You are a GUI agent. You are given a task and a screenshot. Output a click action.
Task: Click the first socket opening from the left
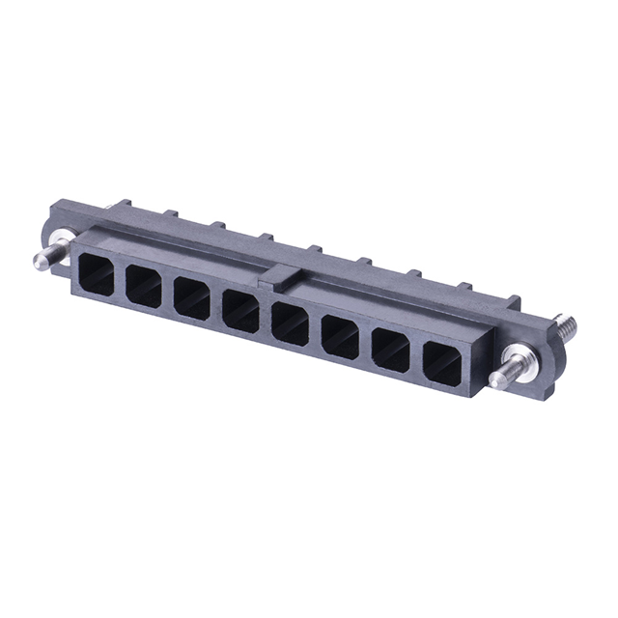tap(97, 274)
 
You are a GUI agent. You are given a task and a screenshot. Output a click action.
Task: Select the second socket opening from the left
tap(143, 287)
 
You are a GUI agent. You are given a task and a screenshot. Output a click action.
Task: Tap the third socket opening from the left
tap(192, 298)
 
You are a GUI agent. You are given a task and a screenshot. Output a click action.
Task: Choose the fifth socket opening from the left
tap(290, 323)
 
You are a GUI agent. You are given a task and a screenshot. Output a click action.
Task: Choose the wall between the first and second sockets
tap(120, 281)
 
